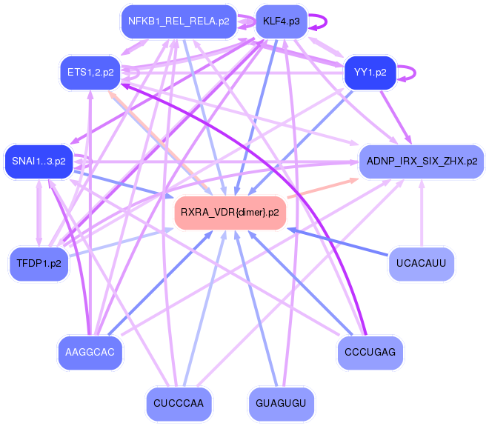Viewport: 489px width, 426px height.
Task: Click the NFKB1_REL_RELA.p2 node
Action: (178, 21)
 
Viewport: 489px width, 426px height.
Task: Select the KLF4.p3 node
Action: (281, 21)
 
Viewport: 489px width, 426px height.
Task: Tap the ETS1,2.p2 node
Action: (89, 72)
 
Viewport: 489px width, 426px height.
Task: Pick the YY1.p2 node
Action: (370, 72)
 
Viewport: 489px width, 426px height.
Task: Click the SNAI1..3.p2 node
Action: (39, 160)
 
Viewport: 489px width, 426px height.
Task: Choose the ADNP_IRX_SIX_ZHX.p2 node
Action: (422, 160)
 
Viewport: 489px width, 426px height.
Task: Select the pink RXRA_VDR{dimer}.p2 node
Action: (230, 212)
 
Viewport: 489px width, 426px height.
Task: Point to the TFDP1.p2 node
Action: (39, 263)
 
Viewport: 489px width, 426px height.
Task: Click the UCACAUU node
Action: (422, 263)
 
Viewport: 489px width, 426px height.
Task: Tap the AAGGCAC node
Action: (89, 351)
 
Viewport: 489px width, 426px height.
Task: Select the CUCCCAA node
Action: (179, 403)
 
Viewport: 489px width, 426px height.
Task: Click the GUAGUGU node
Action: (281, 403)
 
